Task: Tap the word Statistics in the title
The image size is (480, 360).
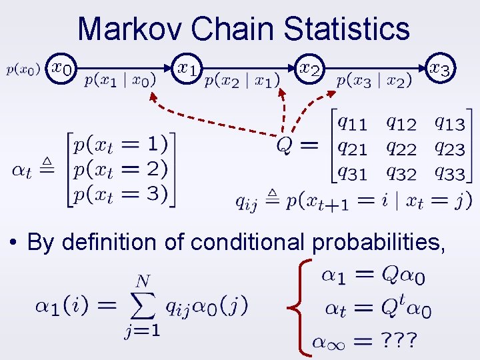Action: [x=346, y=29]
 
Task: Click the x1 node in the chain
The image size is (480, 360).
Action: [x=188, y=68]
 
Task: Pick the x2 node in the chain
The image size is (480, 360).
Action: [x=310, y=68]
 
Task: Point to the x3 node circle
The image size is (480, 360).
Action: [x=441, y=68]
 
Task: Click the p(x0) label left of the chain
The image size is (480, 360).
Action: [x=23, y=68]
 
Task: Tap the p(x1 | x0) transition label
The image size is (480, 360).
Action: [x=121, y=81]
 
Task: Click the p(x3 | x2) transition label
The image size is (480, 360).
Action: [x=374, y=81]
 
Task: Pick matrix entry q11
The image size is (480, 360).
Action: [x=351, y=123]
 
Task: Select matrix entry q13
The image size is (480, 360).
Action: [x=449, y=123]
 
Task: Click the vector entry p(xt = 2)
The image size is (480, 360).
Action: [x=121, y=169]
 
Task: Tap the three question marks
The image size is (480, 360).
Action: [x=399, y=341]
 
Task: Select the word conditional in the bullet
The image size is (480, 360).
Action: [x=248, y=242]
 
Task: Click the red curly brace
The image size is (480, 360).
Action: [x=304, y=307]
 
